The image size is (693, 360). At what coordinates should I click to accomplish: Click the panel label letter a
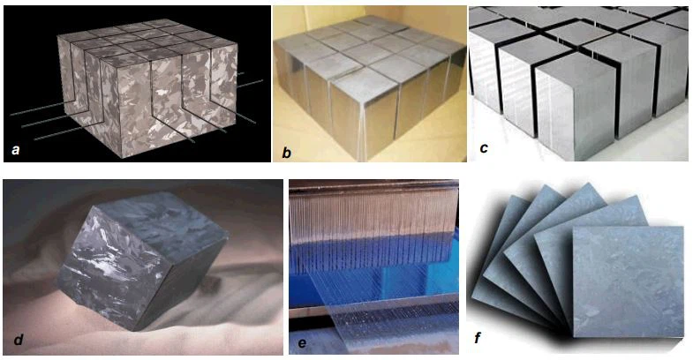(x=16, y=150)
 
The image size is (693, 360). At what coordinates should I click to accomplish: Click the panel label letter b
(x=287, y=153)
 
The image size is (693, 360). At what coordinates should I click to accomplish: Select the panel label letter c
(x=484, y=147)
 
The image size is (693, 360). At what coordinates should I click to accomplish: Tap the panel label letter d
(x=19, y=340)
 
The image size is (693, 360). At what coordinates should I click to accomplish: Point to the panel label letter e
(x=302, y=342)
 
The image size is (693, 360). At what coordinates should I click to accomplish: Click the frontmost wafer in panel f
(x=628, y=281)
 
